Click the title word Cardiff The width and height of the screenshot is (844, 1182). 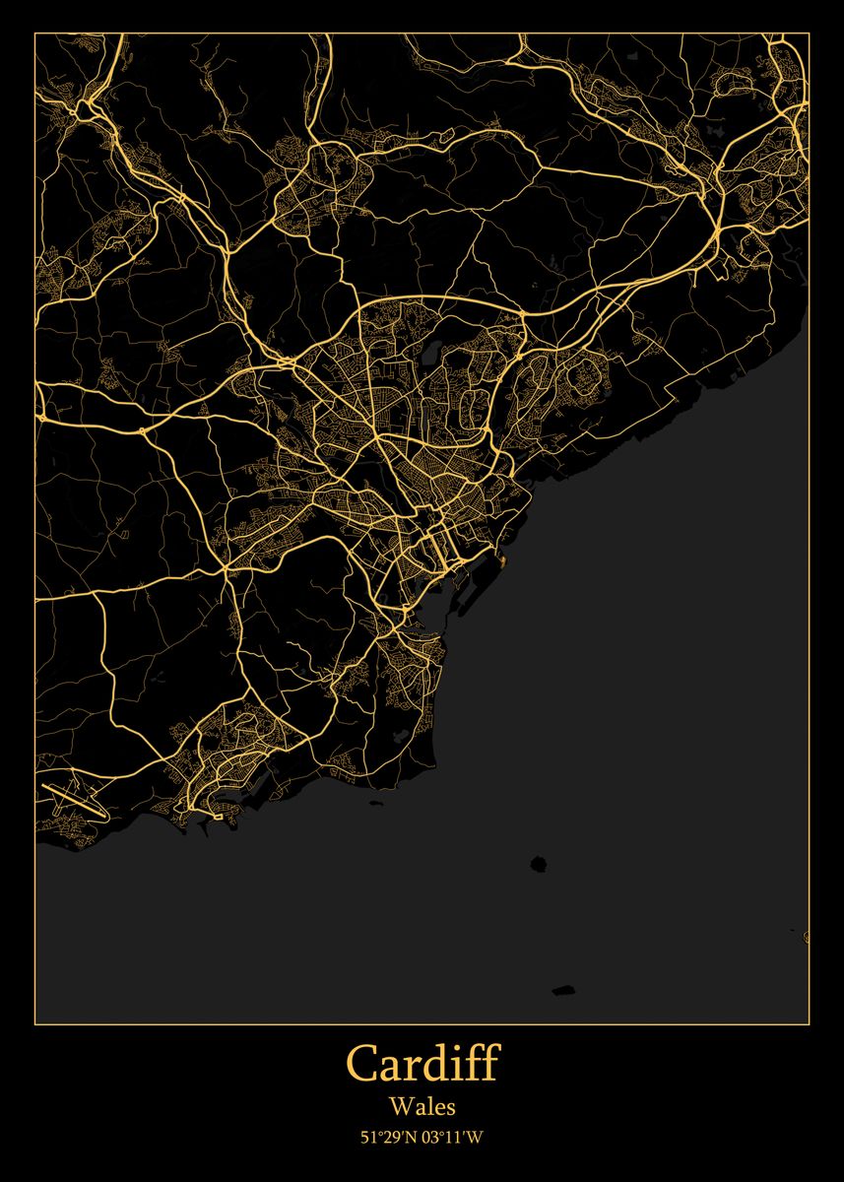pyautogui.click(x=422, y=1065)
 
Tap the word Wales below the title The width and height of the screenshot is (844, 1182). pyautogui.click(x=422, y=1107)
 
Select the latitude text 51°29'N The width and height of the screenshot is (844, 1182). pyautogui.click(x=388, y=1139)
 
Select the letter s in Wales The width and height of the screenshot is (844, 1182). pyautogui.click(x=450, y=1109)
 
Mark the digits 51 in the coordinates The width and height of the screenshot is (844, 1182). pyautogui.click(x=369, y=1139)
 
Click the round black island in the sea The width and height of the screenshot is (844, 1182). pyautogui.click(x=538, y=864)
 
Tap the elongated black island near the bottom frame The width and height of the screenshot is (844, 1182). pyautogui.click(x=562, y=990)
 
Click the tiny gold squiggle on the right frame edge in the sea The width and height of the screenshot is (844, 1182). pyautogui.click(x=807, y=937)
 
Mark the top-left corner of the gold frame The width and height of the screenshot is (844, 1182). pyautogui.click(x=35, y=33)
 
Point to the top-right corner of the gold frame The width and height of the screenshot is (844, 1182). pyautogui.click(x=809, y=33)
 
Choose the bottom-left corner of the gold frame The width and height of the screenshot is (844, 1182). pyautogui.click(x=35, y=1023)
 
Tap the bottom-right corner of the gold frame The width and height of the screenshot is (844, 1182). pyautogui.click(x=809, y=1023)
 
